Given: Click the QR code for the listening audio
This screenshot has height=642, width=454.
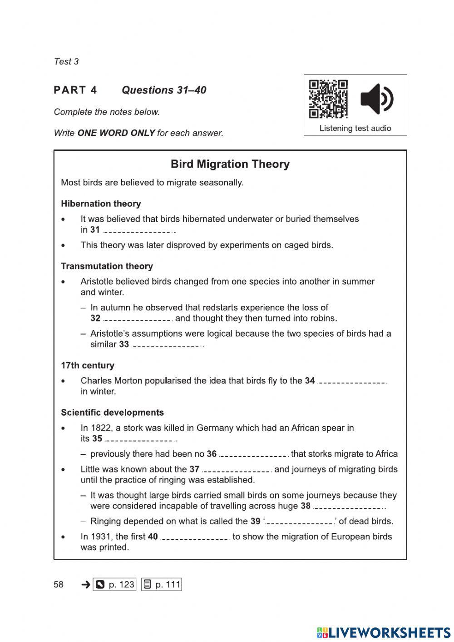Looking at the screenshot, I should (328, 99).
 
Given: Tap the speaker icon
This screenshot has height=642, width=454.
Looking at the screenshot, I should (376, 99).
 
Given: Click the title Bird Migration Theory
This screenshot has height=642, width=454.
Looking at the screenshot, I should (230, 164).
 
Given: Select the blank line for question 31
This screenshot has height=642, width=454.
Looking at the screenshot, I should (138, 230).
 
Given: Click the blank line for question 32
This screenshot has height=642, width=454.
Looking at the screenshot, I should (138, 319).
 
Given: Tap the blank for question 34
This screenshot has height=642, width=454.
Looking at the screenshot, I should (352, 381).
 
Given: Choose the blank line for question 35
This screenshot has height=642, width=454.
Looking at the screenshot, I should (140, 439).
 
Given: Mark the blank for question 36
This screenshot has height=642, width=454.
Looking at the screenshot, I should (253, 454).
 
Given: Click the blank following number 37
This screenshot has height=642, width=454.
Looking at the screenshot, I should (237, 470).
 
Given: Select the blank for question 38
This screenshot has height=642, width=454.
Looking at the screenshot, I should (349, 507).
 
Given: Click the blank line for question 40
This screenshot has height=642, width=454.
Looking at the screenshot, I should (195, 537).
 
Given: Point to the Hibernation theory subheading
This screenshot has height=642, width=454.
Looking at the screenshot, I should (101, 204).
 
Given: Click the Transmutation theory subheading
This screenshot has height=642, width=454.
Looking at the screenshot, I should (107, 266).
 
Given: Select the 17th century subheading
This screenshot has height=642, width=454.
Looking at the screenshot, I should (88, 365).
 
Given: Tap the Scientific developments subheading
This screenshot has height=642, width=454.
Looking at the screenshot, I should (112, 413).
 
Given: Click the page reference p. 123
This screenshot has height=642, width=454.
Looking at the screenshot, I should (114, 584).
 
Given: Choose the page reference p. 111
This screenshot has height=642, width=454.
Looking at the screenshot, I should (162, 584).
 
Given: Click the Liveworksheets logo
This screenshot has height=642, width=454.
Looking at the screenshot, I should (384, 632).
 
